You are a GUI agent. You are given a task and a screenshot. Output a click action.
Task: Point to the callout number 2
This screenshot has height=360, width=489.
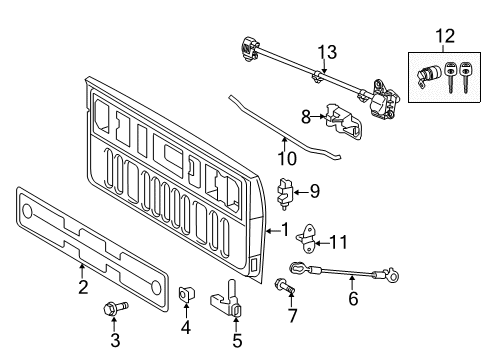(82, 288)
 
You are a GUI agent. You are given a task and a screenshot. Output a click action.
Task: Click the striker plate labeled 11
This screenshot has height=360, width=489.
(305, 236)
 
